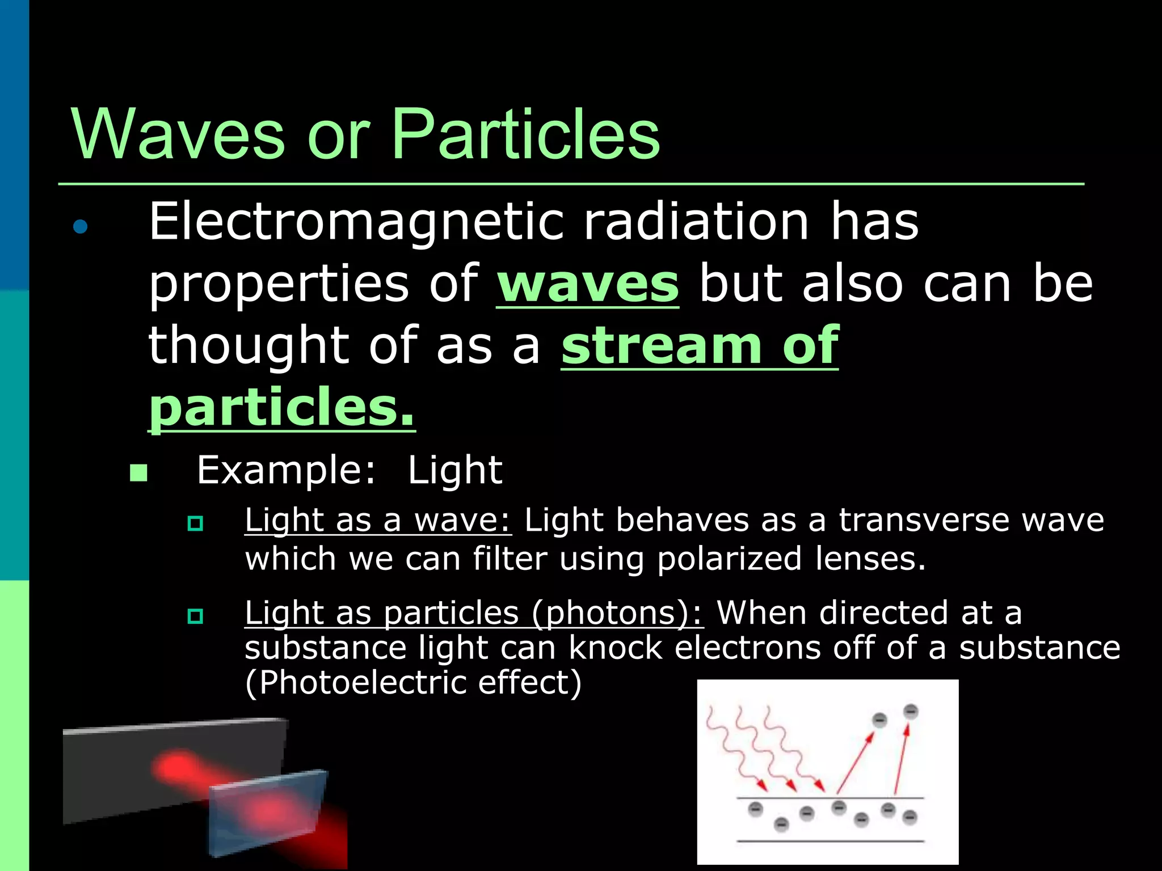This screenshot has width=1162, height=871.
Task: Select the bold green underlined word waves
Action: tap(587, 284)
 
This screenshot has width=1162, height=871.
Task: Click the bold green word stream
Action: tap(661, 345)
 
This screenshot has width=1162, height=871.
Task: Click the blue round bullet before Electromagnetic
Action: tap(81, 227)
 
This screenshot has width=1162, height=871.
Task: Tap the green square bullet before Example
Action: tap(138, 472)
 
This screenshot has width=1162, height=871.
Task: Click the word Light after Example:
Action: tap(454, 470)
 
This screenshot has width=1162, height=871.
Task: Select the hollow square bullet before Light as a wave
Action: tap(195, 523)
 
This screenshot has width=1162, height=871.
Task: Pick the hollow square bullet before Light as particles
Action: tap(195, 616)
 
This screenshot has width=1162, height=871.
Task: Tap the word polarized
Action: tap(729, 559)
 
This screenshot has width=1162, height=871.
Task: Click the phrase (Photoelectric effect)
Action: tap(413, 683)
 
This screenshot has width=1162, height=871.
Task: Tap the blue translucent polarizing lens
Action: tap(267, 811)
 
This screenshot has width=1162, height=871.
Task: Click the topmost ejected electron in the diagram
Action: tap(910, 711)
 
